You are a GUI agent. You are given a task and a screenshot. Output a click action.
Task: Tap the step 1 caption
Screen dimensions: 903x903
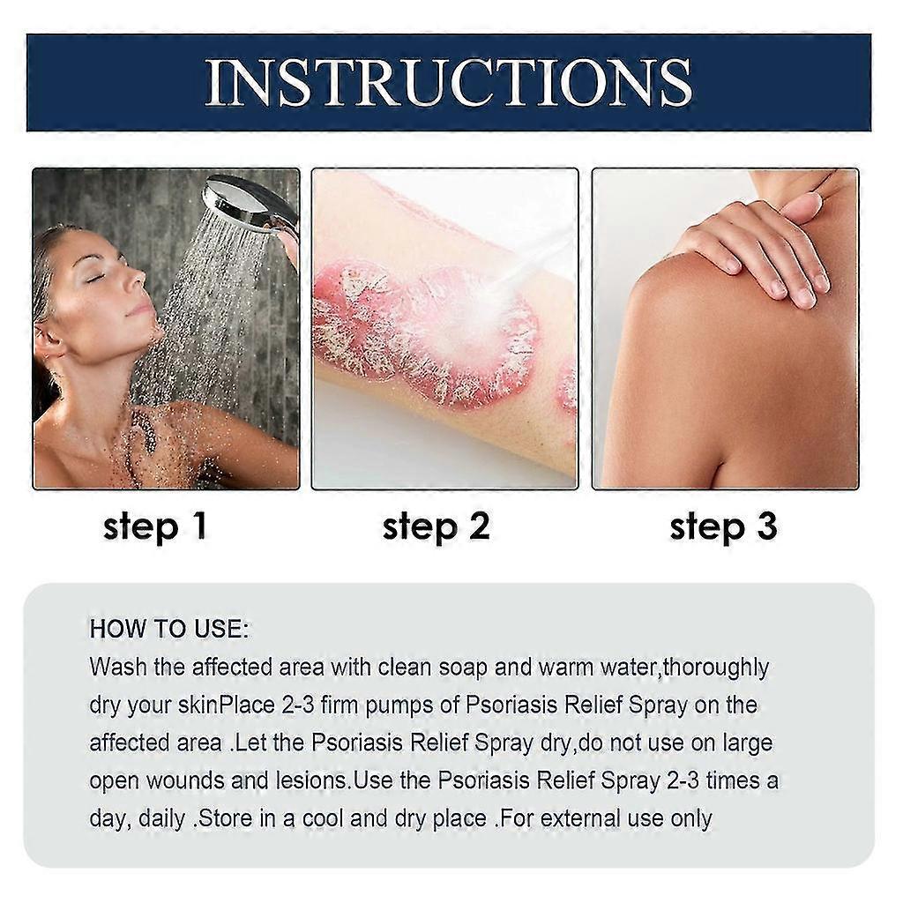154,526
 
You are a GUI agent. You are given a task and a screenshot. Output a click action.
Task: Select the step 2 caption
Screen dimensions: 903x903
436,526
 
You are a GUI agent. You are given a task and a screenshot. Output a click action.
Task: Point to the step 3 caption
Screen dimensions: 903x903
723,526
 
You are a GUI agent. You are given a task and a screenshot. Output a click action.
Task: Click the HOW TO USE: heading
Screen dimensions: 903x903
169,630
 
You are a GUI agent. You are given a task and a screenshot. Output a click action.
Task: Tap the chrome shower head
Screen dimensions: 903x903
243,202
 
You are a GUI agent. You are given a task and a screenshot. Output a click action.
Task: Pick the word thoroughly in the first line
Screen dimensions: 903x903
715,668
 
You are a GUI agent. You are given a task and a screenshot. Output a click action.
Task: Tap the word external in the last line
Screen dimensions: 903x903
591,818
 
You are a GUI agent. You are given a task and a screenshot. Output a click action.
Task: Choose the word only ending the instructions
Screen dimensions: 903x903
686,818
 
